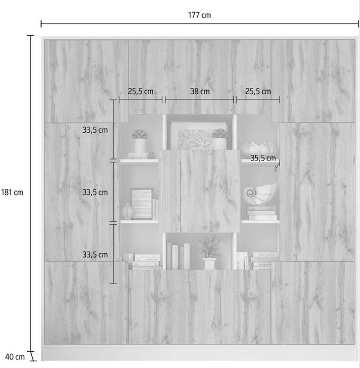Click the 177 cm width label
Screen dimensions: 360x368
(x=199, y=15)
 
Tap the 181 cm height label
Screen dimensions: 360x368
(x=12, y=193)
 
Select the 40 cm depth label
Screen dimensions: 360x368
(x=15, y=357)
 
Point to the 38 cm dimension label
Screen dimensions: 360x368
(x=199, y=91)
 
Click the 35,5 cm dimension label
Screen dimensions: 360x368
(x=263, y=158)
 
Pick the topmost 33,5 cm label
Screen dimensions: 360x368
(x=95, y=130)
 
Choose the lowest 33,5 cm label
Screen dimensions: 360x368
(x=95, y=255)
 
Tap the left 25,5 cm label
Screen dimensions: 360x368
(x=141, y=91)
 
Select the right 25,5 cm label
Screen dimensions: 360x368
(x=258, y=91)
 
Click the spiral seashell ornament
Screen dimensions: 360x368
(x=260, y=194)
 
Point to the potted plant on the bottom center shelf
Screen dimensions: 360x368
(x=210, y=252)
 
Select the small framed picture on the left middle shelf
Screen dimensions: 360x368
(x=142, y=204)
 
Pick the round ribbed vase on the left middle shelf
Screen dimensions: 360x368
(x=128, y=212)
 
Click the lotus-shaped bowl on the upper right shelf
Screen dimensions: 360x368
(x=258, y=149)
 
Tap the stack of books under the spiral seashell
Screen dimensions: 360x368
(x=262, y=213)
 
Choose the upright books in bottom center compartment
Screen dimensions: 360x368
(x=178, y=256)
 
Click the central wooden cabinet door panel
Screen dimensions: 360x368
(x=199, y=191)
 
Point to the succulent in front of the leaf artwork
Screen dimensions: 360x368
(x=220, y=139)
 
